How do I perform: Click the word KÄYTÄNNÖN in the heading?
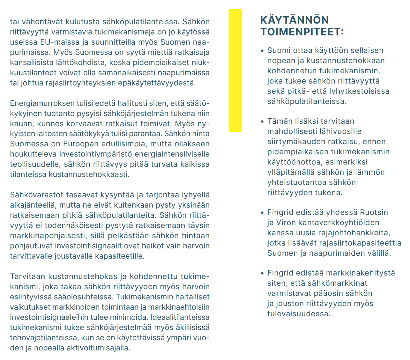294,20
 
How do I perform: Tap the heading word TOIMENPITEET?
302,32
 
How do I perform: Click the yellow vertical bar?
235,70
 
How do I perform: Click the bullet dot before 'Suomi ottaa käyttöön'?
262,51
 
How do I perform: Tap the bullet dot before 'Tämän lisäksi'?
262,121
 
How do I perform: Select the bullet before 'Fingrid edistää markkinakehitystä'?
262,273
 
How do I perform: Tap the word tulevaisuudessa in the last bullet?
299,314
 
